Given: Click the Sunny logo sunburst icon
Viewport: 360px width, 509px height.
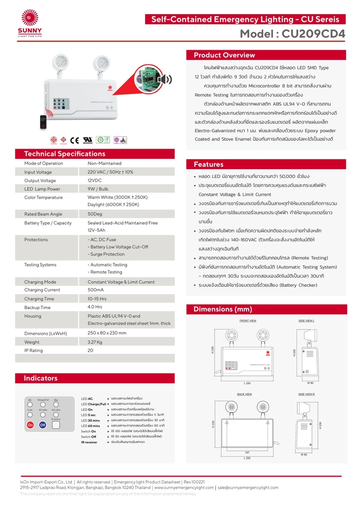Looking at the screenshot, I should pos(30,18).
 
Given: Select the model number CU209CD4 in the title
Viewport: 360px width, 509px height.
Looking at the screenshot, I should pos(313,34).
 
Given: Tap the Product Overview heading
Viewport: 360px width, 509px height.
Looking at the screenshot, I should pos(224,55).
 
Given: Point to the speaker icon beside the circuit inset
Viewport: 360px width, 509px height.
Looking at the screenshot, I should pos(164,80).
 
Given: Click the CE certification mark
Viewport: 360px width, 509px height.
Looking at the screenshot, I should pos(75,140).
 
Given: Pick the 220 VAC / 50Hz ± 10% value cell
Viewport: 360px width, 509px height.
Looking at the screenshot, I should pos(110,172).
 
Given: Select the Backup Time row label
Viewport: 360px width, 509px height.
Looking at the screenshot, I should pos(37,307).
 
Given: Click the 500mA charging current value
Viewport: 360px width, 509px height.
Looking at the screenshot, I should pos(96,290).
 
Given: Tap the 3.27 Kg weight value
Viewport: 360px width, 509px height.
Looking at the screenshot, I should pos(95,342).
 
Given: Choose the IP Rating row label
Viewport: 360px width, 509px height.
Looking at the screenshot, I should pos(33,350).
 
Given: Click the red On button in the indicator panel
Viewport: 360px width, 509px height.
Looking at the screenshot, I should pos(30,425).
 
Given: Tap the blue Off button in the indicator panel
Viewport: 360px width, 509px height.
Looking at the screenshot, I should pos(42,425).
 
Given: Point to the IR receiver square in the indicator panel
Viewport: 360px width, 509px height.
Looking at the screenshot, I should pos(56,425).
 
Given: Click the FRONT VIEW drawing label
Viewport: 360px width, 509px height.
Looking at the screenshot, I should pos(248,321).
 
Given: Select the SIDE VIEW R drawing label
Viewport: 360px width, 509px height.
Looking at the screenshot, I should pos(306,394).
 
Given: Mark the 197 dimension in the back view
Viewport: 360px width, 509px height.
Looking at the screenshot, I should pos(247,452).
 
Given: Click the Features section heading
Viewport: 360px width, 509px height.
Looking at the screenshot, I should pos(208,164).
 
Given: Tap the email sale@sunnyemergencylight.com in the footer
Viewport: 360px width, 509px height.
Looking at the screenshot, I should pos(248,488).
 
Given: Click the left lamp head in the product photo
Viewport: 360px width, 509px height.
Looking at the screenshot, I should pos(61,63).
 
